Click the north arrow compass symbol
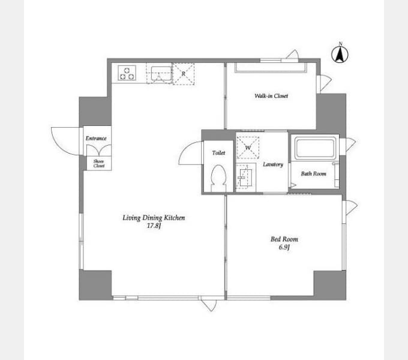(340, 54)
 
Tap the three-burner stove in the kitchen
(127, 73)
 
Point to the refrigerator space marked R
(184, 74)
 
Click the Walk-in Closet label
(271, 96)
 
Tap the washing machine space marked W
(248, 148)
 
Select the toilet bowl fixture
(218, 178)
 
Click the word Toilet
(218, 152)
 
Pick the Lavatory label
(272, 164)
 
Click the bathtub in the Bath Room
(314, 148)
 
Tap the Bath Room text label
(313, 173)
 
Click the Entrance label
(96, 139)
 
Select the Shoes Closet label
(99, 163)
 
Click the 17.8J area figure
(154, 226)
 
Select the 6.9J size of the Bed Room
(284, 247)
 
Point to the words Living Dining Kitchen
(154, 218)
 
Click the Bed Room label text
(284, 239)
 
